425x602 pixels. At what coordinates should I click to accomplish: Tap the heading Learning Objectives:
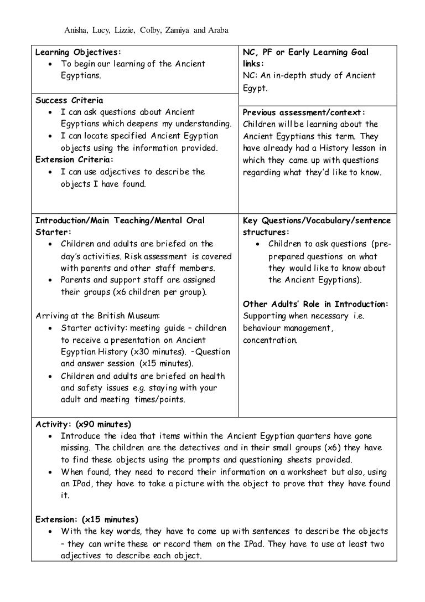(77, 52)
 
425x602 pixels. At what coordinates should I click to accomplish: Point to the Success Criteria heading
(69, 100)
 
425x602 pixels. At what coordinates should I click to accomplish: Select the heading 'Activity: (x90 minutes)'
(83, 424)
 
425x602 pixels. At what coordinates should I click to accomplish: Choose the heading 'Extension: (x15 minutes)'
(87, 519)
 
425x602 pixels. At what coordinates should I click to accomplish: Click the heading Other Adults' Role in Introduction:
(316, 303)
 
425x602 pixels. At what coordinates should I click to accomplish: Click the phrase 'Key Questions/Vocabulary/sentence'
(317, 220)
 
